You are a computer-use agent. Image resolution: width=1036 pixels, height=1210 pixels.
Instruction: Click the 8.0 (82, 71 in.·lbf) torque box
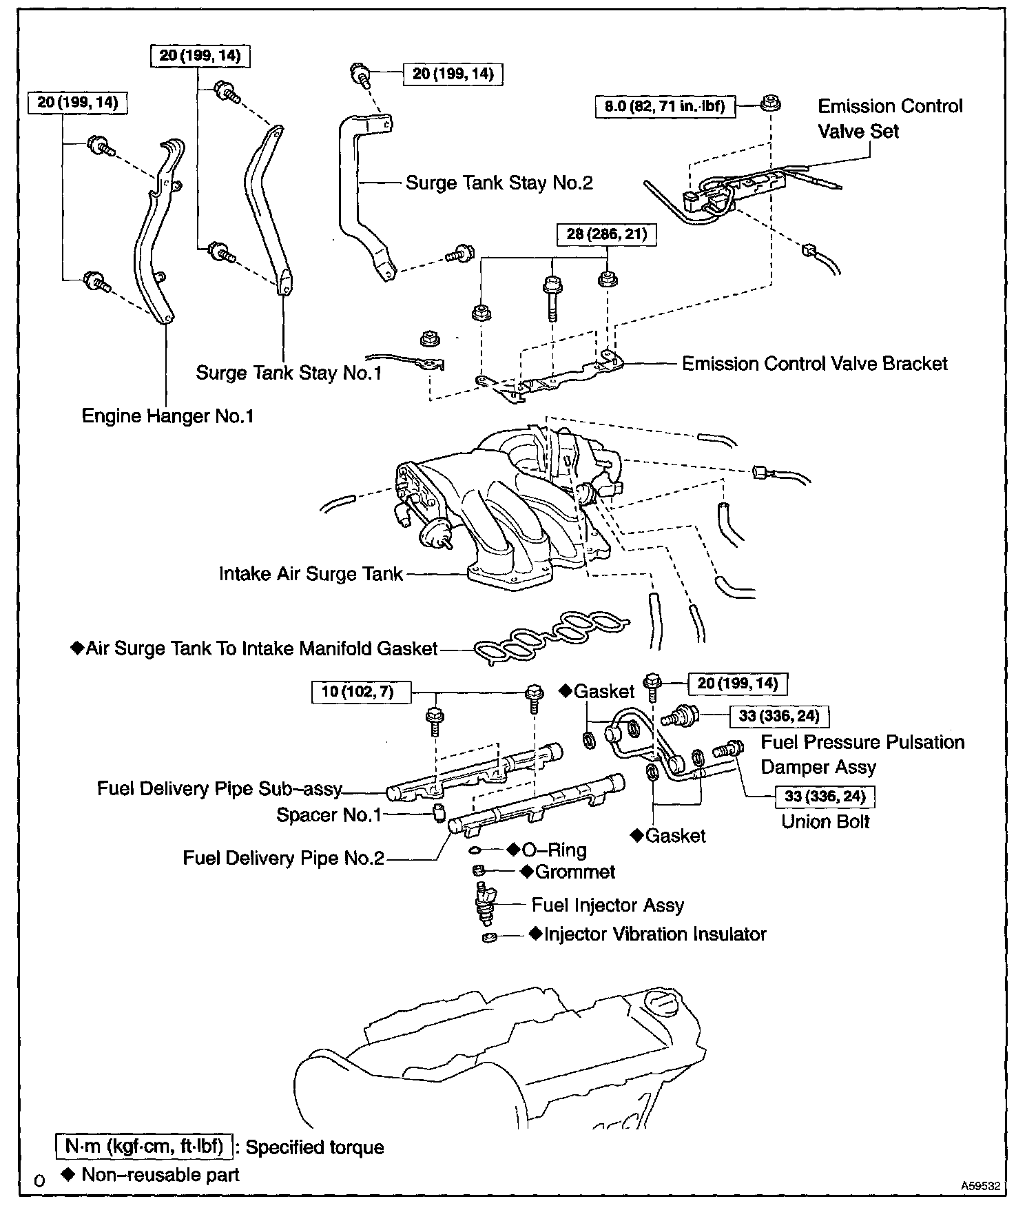[665, 107]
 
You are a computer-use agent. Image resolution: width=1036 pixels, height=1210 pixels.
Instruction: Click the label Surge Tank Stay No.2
[499, 183]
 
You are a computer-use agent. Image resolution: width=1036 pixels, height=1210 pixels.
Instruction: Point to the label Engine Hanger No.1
[167, 416]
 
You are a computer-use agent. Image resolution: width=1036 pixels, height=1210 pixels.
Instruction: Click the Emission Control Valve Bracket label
[814, 364]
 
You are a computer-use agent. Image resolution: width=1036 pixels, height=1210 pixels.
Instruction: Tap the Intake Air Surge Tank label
[310, 574]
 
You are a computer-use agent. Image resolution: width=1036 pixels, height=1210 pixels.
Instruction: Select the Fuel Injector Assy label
[608, 905]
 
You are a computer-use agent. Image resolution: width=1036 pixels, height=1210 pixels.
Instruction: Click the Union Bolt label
[825, 821]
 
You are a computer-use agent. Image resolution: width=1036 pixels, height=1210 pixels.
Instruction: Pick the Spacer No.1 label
[329, 815]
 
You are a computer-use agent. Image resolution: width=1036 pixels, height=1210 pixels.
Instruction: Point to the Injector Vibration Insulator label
[654, 934]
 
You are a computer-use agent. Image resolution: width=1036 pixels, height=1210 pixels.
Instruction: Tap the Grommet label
[574, 872]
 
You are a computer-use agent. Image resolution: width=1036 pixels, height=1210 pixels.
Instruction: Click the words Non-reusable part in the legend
[160, 1175]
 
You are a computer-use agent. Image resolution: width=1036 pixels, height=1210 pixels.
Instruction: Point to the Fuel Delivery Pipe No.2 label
[283, 858]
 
